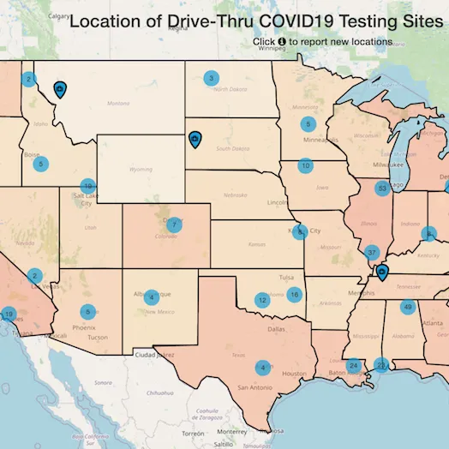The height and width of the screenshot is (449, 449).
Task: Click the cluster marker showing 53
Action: pos(382,188)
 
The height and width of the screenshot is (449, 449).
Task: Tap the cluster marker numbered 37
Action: pos(371,253)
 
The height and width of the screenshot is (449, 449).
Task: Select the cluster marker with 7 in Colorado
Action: pos(174,225)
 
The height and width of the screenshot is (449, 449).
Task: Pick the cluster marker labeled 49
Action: pos(408,308)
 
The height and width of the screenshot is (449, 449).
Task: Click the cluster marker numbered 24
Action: pos(353,366)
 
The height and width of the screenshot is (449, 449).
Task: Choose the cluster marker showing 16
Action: pos(295,295)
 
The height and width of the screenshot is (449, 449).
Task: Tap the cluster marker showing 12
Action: pos(261,300)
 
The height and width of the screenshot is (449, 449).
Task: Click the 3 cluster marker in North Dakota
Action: pos(211,79)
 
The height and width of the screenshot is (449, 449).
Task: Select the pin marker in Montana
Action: pos(60,89)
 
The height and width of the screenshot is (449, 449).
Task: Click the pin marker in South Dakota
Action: pos(195,138)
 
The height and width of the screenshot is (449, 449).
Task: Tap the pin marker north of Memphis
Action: pos(382,272)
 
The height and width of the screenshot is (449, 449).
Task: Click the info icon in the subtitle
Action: pos(282,41)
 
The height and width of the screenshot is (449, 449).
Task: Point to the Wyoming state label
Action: pos(140,170)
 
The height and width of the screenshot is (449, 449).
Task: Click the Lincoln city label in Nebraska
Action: pos(277,203)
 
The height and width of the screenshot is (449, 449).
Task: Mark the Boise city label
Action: pos(33,155)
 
